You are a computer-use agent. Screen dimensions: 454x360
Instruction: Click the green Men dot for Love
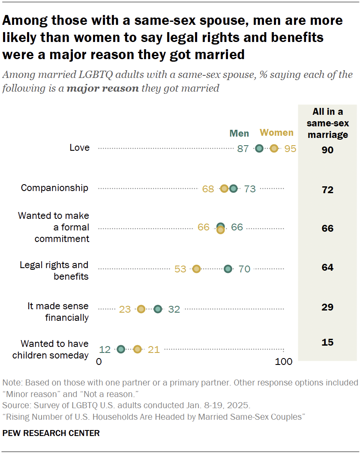coord(259,149)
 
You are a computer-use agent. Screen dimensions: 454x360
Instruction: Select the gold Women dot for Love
coord(274,149)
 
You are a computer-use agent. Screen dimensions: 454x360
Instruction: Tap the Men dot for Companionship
coord(233,188)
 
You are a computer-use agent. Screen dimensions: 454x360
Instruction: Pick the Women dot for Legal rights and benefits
coord(196,269)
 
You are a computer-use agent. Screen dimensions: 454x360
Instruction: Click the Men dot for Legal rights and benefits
coord(228,269)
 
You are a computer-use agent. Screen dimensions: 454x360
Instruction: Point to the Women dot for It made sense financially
coord(141,309)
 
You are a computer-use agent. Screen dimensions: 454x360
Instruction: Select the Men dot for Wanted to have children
coord(121,349)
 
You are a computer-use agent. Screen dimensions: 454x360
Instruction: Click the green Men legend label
coord(239,133)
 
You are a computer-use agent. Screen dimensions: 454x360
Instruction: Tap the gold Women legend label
coord(277,133)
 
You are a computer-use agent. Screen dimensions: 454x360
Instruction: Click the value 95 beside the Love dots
coord(290,149)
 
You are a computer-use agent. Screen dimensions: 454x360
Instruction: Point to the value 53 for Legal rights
coord(180,269)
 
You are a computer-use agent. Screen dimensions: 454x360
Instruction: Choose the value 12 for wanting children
coord(105,349)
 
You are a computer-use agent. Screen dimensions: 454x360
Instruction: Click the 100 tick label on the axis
coord(283,362)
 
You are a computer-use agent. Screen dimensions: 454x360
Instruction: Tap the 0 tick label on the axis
coord(99,362)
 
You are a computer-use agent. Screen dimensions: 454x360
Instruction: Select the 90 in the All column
coord(328,150)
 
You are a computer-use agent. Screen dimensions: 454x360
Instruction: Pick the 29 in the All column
coord(328,307)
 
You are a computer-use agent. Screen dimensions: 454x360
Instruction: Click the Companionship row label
coord(55,188)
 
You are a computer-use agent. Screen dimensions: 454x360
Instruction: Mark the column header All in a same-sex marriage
coord(328,123)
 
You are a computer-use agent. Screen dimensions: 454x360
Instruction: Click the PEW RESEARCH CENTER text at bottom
coord(51,433)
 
